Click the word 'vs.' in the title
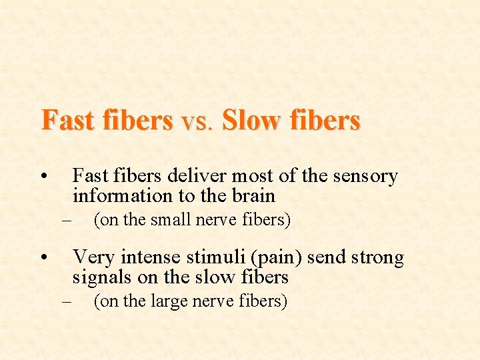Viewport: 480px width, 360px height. [x=197, y=122]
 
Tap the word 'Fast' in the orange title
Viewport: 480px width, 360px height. [x=65, y=121]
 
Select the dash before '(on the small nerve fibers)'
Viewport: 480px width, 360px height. [x=65, y=220]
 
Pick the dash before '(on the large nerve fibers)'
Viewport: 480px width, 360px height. [x=65, y=302]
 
